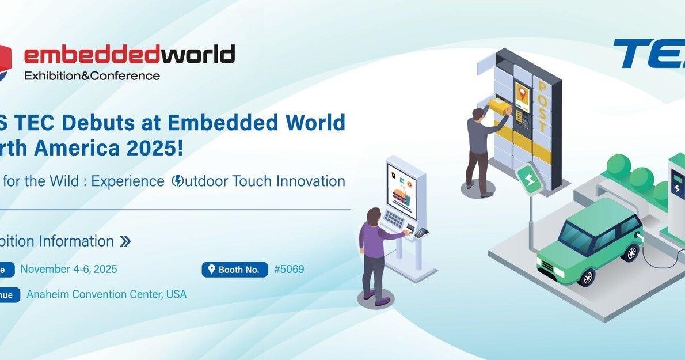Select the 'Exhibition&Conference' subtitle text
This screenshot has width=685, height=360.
[92, 75]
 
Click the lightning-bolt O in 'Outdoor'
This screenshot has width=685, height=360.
[178, 181]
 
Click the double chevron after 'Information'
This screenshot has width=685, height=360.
[125, 241]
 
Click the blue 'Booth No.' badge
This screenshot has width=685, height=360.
[235, 270]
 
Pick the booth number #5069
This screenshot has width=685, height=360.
[289, 269]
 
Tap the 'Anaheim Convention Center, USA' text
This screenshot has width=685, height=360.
[106, 294]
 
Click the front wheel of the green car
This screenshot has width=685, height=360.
[586, 278]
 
